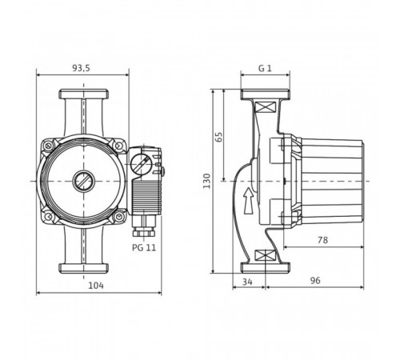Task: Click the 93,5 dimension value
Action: (x=82, y=68)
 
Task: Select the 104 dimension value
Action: (x=96, y=286)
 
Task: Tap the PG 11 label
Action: (x=144, y=247)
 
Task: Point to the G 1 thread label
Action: (x=265, y=68)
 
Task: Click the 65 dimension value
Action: (x=218, y=137)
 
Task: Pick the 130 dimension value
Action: (x=206, y=181)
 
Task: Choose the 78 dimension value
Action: (x=322, y=240)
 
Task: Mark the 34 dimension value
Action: (x=247, y=282)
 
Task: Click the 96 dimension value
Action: (x=315, y=281)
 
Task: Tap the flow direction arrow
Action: (x=249, y=201)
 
